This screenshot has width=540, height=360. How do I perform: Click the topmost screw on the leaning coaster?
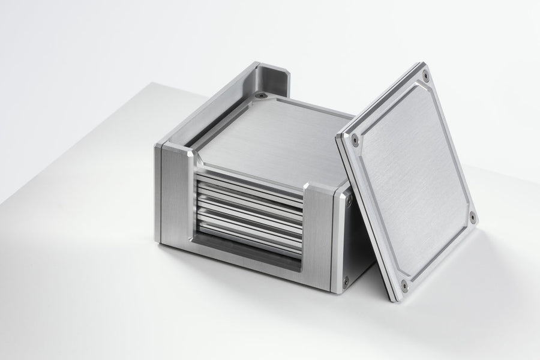point(425,76)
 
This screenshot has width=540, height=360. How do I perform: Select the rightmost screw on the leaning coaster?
point(472,217)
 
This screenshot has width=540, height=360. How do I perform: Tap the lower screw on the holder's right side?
point(344,280)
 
